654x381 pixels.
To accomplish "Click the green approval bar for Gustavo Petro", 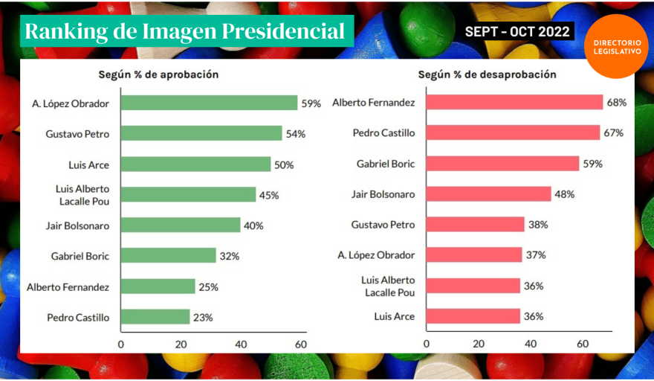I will click(x=201, y=133).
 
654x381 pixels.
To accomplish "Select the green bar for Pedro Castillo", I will click(x=155, y=317).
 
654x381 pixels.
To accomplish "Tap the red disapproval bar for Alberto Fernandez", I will click(x=514, y=103).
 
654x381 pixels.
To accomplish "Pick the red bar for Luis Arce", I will click(x=473, y=316).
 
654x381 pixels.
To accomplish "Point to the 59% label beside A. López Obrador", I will click(x=311, y=103).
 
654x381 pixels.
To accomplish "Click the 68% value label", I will click(x=617, y=103).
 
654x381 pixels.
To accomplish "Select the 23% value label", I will click(x=203, y=317).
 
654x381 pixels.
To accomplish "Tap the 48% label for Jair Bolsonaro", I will click(x=565, y=194).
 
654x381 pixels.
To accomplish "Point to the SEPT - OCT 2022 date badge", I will click(x=517, y=31).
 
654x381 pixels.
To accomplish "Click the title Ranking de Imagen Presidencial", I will click(x=186, y=31).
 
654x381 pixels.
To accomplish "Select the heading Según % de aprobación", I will click(x=158, y=74).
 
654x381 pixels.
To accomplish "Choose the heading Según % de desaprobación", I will click(x=487, y=74).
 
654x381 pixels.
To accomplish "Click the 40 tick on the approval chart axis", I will click(x=241, y=345).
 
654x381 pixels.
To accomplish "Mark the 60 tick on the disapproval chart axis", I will click(x=583, y=345).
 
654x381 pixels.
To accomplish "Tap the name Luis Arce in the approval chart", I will click(x=88, y=164).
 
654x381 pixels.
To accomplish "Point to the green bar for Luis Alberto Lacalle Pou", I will click(x=188, y=195).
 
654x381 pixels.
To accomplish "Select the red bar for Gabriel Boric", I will click(x=502, y=164).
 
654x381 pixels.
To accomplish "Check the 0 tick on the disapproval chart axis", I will click(x=426, y=345).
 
